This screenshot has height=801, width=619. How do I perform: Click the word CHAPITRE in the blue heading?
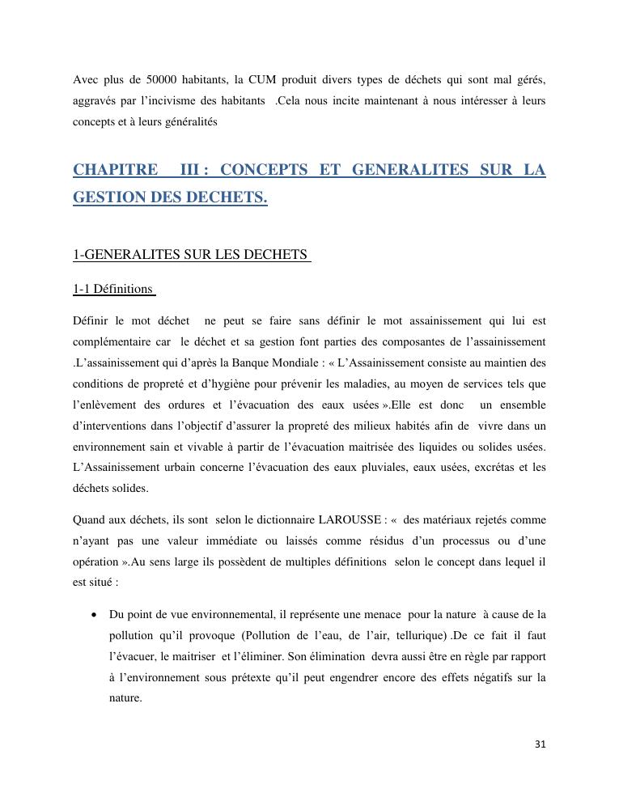pyautogui.click(x=115, y=170)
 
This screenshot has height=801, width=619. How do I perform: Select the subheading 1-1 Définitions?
pyautogui.click(x=112, y=288)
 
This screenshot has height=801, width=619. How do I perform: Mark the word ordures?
pyautogui.click(x=182, y=405)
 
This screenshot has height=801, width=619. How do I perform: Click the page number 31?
pyautogui.click(x=541, y=745)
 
